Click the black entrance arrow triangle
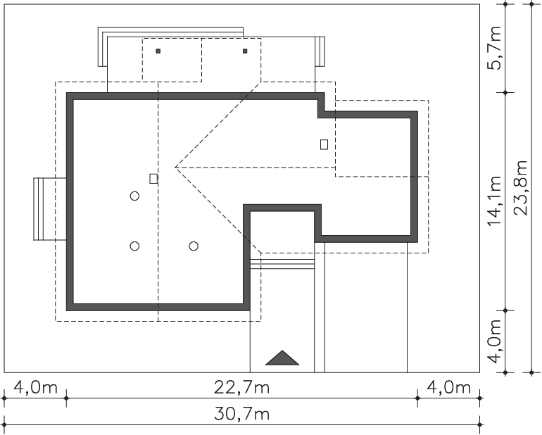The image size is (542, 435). (282, 358)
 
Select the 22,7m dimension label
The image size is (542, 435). (241, 388)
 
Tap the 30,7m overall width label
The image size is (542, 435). (241, 414)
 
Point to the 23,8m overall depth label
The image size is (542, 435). (521, 188)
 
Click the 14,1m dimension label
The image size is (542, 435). (494, 201)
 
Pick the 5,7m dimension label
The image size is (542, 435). (494, 48)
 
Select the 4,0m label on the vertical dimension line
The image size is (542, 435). (494, 341)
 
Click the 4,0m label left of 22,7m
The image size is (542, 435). (35, 388)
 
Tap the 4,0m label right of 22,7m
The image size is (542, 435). (448, 388)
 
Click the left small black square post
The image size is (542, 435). (158, 51)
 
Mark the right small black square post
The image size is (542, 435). (245, 51)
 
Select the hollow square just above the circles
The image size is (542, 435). (154, 179)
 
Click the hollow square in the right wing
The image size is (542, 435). (324, 144)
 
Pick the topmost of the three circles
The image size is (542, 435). (135, 196)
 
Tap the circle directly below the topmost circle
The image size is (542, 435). (135, 246)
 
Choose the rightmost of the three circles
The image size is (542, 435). (194, 246)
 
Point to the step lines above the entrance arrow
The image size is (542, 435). (282, 264)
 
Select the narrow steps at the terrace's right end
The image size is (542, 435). (320, 51)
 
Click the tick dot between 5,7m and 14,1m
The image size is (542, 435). (505, 93)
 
